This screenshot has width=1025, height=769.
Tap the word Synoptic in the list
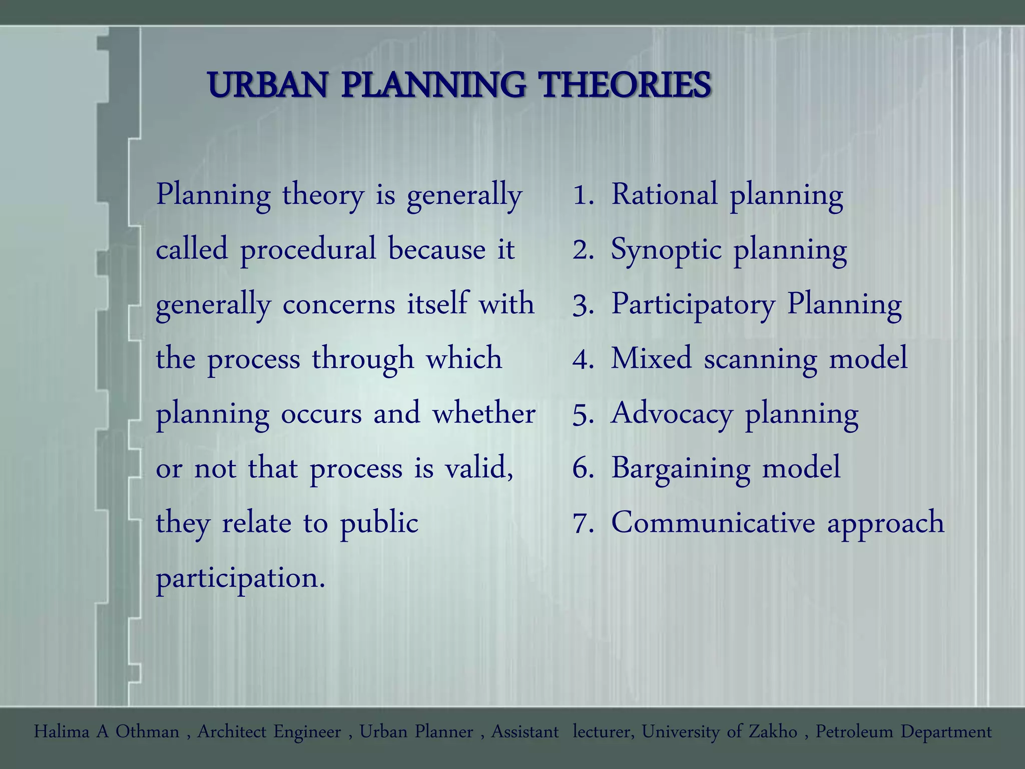point(666,249)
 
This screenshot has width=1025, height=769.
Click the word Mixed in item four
point(651,358)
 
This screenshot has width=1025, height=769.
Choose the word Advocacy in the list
point(671,414)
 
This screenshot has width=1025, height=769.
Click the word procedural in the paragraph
point(308,249)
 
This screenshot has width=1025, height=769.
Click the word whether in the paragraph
point(483,414)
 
